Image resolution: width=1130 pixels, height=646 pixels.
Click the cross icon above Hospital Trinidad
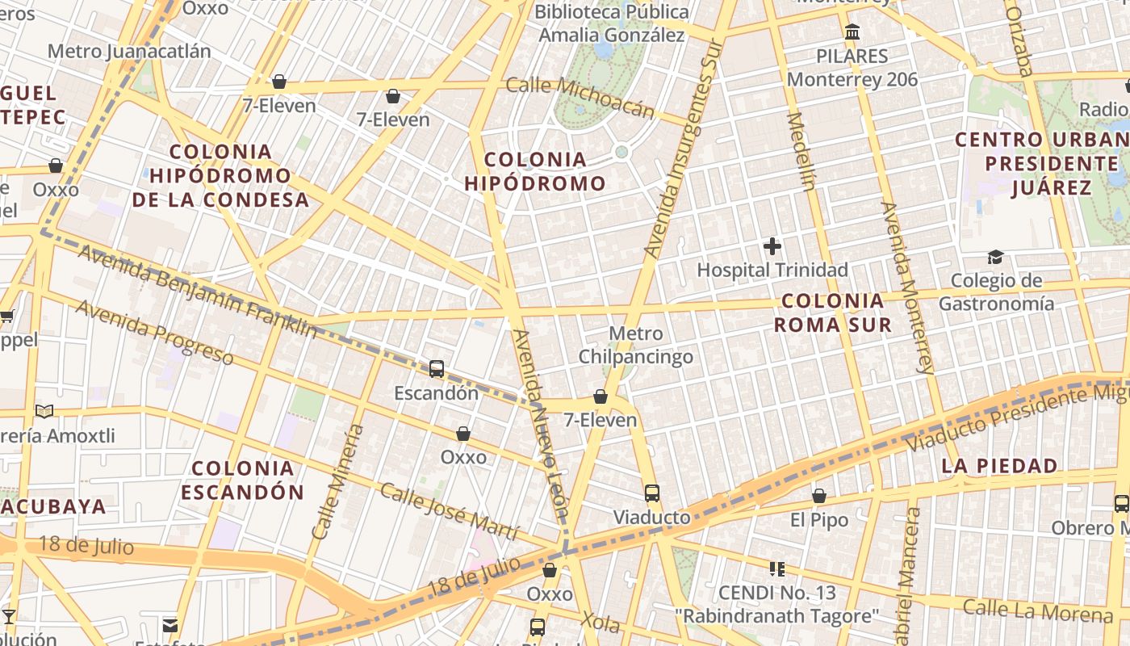(772, 246)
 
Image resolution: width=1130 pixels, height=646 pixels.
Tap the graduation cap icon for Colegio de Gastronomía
(995, 257)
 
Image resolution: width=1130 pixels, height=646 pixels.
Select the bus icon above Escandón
(437, 369)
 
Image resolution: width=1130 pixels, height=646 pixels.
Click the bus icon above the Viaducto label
(651, 493)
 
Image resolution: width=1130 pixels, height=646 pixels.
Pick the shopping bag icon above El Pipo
(819, 496)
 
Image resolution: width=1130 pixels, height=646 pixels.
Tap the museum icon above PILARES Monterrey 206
(852, 32)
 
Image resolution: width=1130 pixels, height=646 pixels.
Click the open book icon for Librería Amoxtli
(44, 412)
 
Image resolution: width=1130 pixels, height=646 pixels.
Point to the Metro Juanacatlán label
(129, 52)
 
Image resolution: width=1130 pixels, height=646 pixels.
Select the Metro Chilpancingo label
(636, 345)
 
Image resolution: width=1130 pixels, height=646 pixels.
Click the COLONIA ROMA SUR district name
(833, 313)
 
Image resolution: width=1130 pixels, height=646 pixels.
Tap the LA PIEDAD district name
(999, 466)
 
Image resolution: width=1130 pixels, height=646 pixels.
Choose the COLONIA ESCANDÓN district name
(243, 480)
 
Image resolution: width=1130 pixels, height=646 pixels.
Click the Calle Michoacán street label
(580, 97)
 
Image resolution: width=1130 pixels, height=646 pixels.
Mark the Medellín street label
(801, 151)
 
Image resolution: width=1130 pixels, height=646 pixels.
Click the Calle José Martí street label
(449, 511)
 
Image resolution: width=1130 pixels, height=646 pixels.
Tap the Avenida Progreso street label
(154, 332)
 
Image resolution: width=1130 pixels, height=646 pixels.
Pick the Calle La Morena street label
(1037, 611)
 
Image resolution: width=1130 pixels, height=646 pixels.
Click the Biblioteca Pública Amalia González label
(612, 23)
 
